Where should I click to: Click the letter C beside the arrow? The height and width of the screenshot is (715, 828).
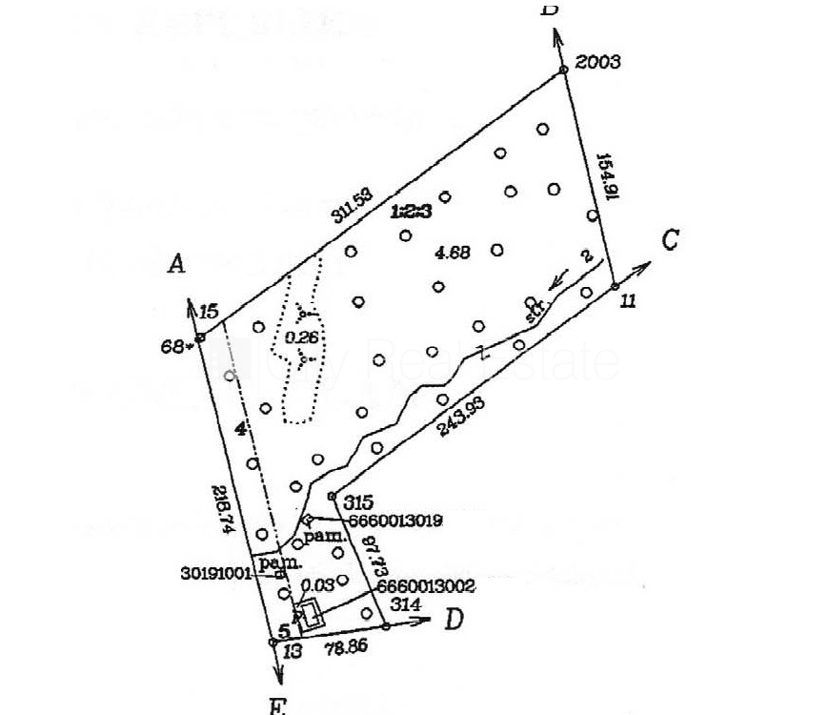(669, 239)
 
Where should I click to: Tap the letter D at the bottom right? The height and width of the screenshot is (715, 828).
(454, 621)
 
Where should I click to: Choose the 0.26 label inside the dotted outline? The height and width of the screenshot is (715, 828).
(300, 337)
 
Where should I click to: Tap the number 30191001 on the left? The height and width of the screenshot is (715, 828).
(215, 573)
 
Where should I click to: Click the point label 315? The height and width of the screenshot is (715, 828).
(356, 501)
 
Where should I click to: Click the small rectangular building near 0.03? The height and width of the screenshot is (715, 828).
(311, 613)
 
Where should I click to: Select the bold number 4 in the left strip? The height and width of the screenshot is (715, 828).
(241, 430)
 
